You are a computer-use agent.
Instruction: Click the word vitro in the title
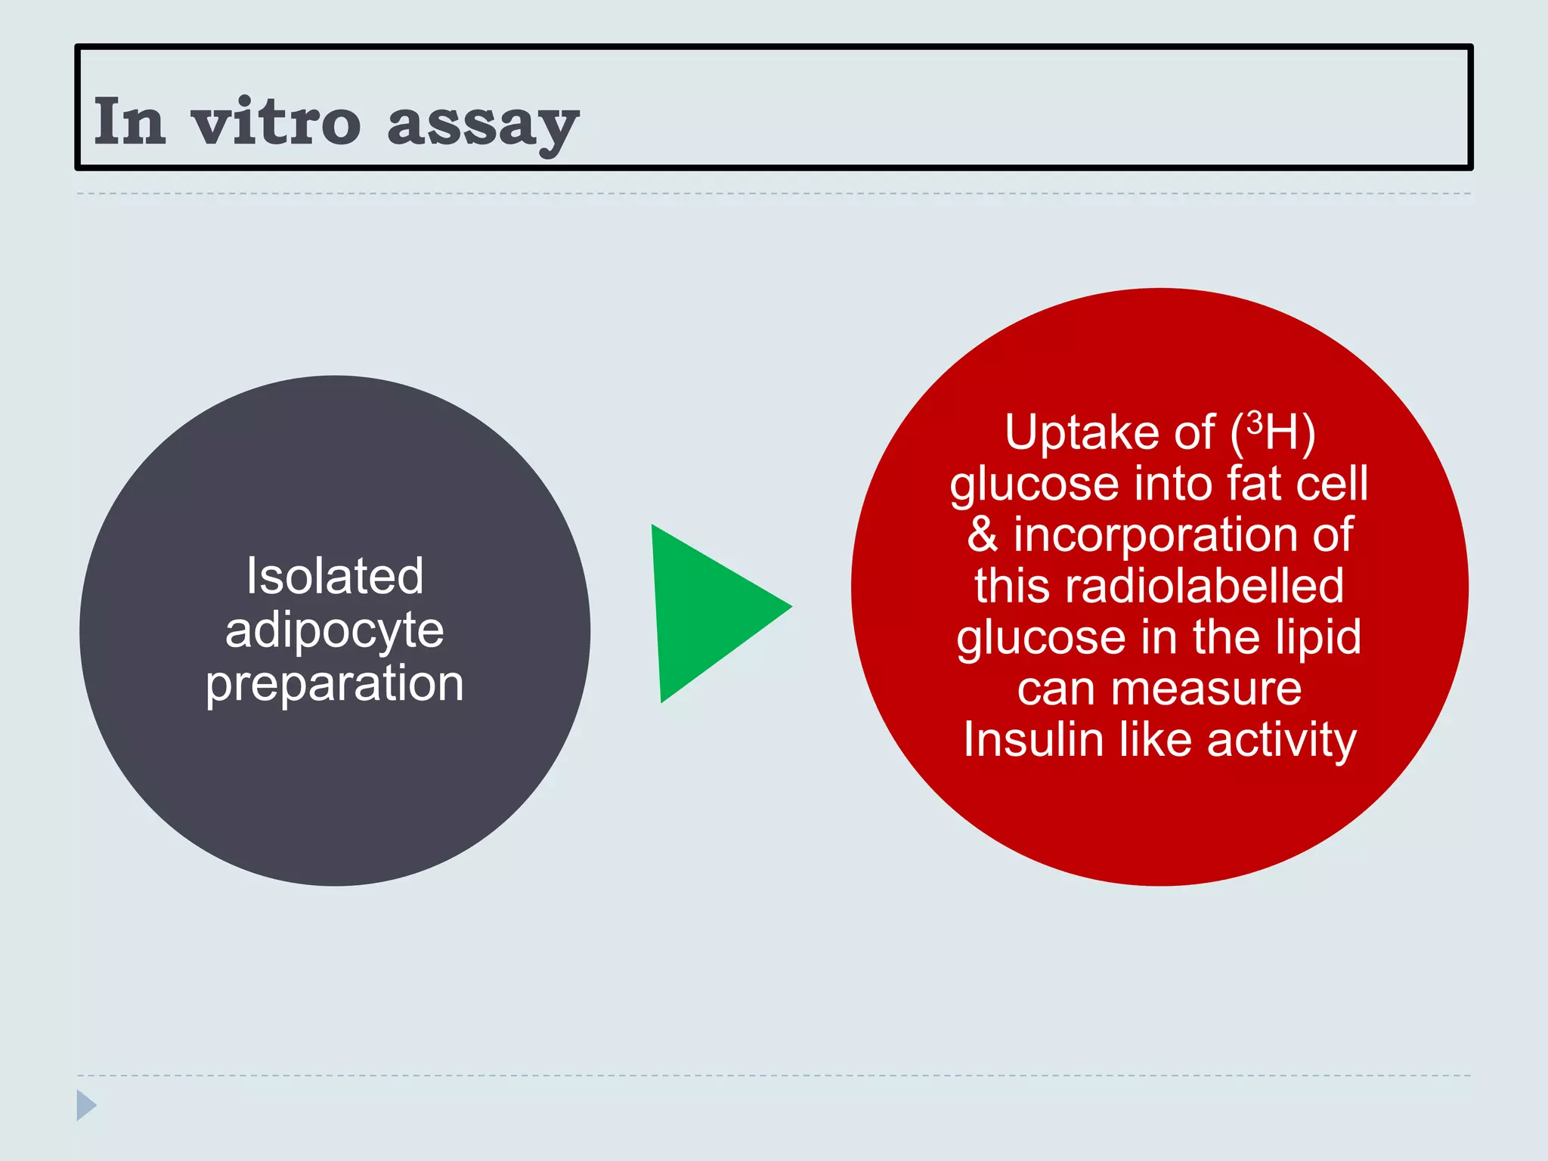click(276, 122)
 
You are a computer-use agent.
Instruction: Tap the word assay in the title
click(482, 125)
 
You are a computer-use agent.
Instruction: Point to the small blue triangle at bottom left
click(85, 1105)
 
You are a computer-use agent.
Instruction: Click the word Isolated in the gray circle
click(335, 576)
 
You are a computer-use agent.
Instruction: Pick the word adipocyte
click(335, 631)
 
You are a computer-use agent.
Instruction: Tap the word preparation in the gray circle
click(335, 685)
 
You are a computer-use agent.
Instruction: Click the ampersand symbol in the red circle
click(983, 534)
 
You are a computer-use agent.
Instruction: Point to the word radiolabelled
click(1205, 586)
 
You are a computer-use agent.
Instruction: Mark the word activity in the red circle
click(1282, 741)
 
